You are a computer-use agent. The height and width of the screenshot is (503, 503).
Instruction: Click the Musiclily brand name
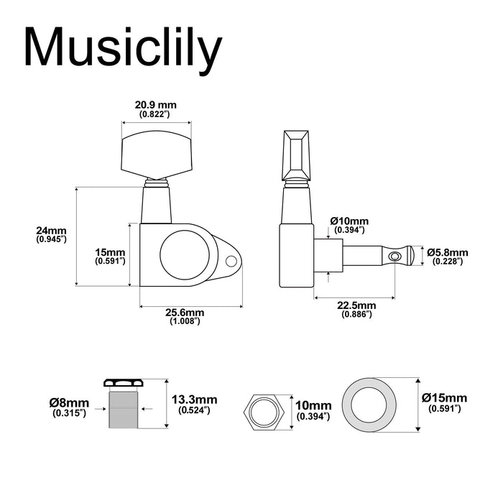(122, 50)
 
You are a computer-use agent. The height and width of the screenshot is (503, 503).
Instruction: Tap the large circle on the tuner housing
(187, 254)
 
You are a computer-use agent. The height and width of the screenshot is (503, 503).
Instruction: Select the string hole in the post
(392, 256)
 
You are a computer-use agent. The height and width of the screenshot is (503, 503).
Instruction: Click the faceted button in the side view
(297, 151)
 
